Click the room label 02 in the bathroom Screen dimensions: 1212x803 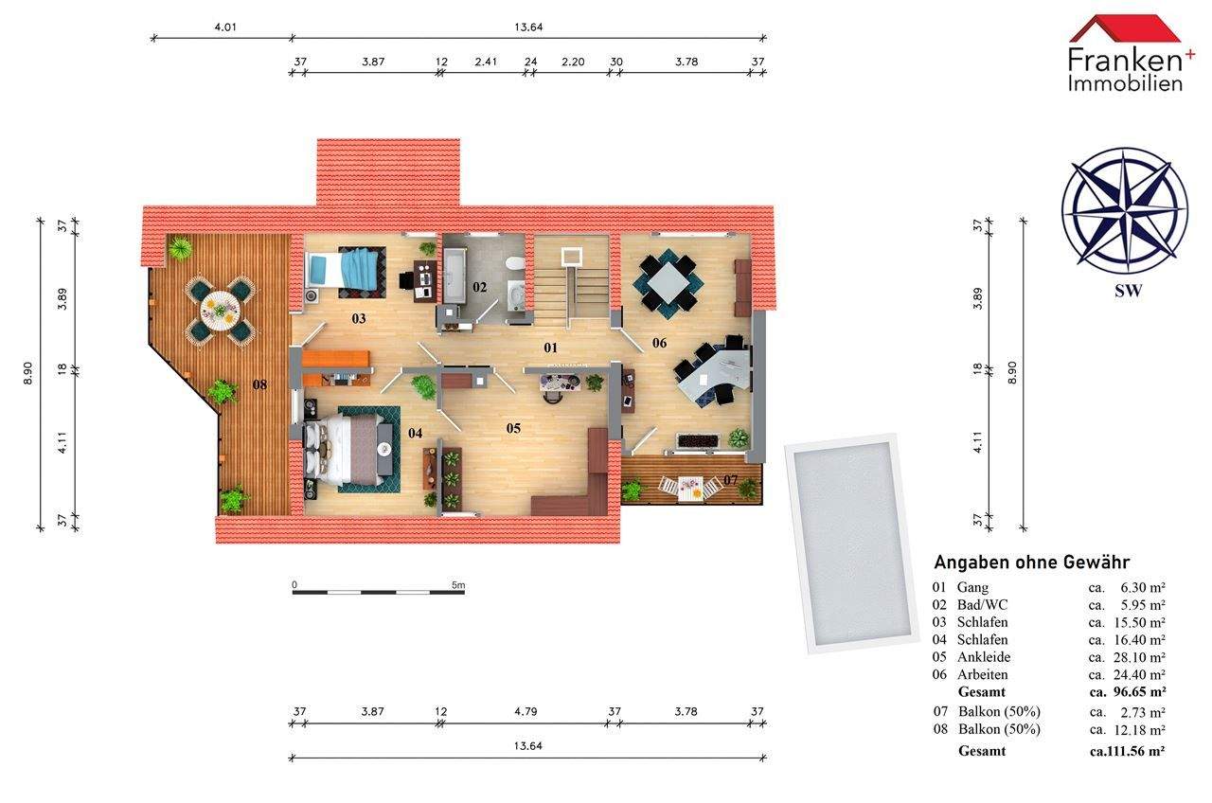tap(479, 287)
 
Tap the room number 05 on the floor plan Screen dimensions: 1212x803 tap(513, 429)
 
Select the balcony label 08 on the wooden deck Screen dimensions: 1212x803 tap(259, 384)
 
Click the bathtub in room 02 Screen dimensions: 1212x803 tap(453, 276)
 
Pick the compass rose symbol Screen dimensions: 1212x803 tap(1125, 209)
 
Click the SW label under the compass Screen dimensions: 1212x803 tap(1128, 291)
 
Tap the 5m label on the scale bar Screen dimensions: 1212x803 tap(457, 585)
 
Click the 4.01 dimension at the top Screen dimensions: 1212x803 tap(225, 27)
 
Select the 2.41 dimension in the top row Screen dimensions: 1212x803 tap(486, 62)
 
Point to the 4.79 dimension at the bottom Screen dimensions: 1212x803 tap(526, 711)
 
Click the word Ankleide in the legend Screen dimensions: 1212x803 tap(984, 657)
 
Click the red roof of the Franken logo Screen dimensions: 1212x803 tap(1125, 28)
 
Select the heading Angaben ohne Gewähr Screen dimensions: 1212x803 tap(1032, 562)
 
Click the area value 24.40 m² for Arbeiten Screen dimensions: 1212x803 tap(1139, 674)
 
